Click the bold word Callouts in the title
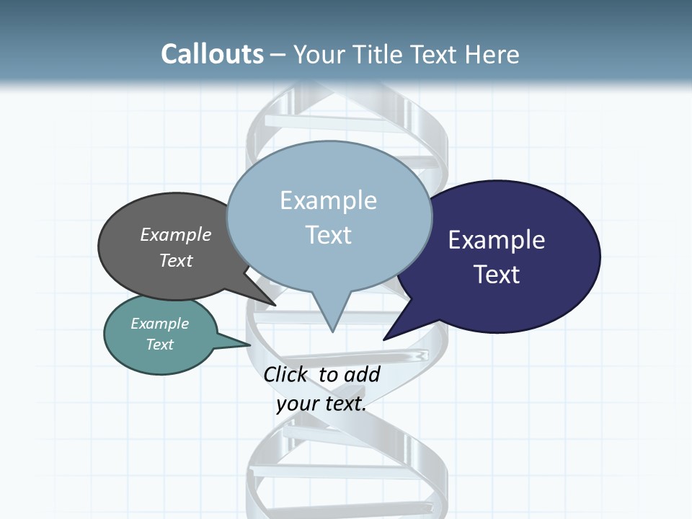point(212,54)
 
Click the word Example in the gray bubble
point(176,234)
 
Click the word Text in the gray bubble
point(176,260)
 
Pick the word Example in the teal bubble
point(159,324)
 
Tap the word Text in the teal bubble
point(159,345)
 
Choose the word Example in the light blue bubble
point(328,200)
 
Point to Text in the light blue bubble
point(328,235)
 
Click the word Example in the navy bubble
point(497,240)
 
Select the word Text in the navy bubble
point(497,275)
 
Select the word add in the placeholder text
point(362,374)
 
